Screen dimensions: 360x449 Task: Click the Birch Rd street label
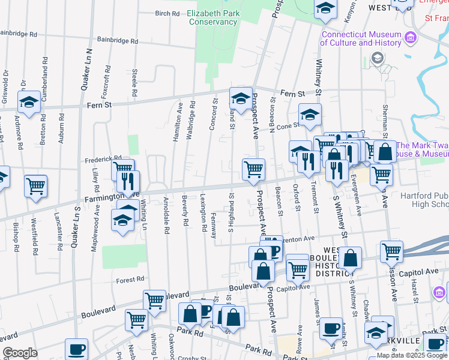click(167, 13)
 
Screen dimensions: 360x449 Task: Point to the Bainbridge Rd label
click(118, 42)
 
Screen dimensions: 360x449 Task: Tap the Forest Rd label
click(130, 279)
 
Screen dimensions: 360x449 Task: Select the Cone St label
click(288, 126)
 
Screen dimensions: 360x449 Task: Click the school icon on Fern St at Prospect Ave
click(241, 99)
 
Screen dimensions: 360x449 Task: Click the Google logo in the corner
click(19, 353)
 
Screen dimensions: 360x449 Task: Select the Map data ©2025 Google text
click(411, 355)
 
